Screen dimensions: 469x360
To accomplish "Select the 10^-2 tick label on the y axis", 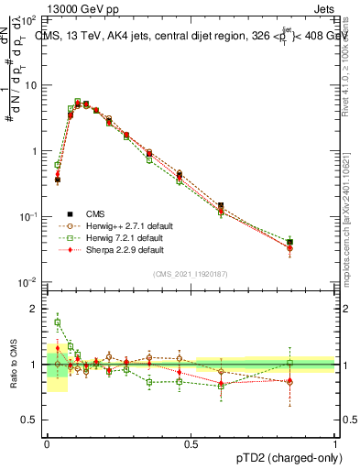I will pyautogui.click(x=28, y=282).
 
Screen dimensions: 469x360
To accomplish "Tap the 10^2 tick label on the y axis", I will pyautogui.click(x=28, y=19).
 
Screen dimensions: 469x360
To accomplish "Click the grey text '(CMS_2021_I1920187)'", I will pyautogui.click(x=191, y=274).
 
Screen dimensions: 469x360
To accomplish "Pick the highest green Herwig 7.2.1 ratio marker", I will pyautogui.click(x=57, y=322).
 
